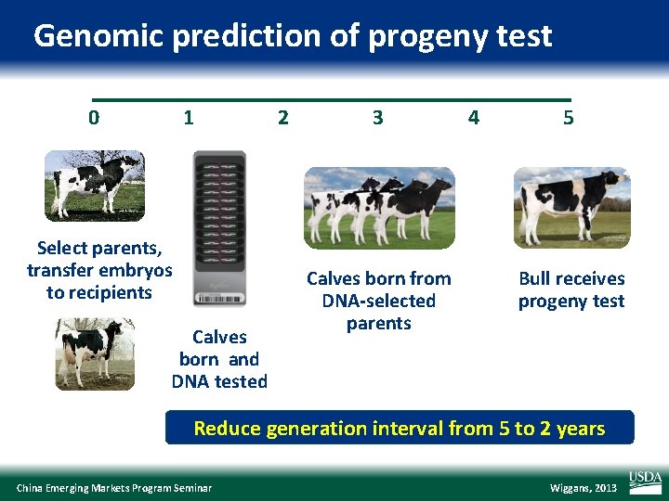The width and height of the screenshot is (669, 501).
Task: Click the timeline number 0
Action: (x=93, y=118)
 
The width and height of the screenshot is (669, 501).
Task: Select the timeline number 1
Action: (x=189, y=118)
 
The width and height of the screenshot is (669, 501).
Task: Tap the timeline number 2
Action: (x=283, y=118)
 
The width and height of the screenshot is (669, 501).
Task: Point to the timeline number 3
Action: (x=377, y=118)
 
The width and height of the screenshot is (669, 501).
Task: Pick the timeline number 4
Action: (x=474, y=118)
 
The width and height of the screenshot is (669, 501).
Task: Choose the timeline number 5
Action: (x=568, y=118)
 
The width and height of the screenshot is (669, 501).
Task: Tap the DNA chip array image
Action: (x=219, y=229)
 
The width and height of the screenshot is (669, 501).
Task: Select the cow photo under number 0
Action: (x=95, y=185)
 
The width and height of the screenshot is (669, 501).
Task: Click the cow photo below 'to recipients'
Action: (x=94, y=353)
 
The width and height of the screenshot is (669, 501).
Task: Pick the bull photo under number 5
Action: (x=571, y=207)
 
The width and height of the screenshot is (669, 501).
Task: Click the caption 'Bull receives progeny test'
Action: (x=571, y=289)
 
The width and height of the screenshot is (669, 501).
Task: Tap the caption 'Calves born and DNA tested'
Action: (x=219, y=359)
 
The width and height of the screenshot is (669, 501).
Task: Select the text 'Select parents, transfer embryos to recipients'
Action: (x=99, y=270)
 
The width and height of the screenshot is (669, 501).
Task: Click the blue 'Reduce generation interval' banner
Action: (x=399, y=429)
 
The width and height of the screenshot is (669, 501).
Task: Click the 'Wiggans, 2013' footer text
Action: (x=583, y=488)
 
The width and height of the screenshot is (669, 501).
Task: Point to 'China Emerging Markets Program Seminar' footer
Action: (x=114, y=488)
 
